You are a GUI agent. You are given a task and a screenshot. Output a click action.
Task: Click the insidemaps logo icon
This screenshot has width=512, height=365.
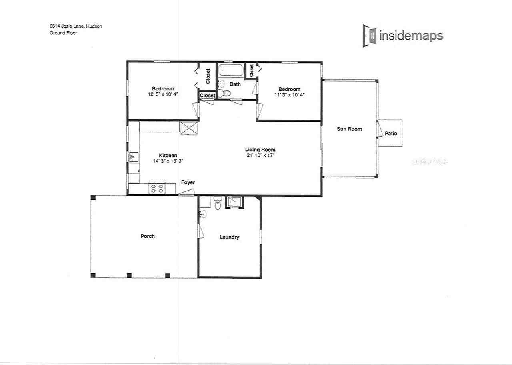pyautogui.click(x=370, y=36)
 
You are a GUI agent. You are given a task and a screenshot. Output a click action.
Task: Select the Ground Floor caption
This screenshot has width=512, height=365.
pyautogui.click(x=61, y=33)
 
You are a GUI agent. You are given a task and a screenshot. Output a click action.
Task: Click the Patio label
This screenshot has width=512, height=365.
pyautogui.click(x=391, y=134)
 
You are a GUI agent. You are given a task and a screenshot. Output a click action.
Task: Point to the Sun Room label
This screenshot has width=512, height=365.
pyautogui.click(x=349, y=129)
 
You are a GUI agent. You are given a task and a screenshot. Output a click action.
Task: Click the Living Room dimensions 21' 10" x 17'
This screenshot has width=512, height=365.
pyautogui.click(x=260, y=155)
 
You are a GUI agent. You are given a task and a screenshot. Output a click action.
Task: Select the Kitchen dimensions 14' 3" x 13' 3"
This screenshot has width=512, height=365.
pyautogui.click(x=168, y=161)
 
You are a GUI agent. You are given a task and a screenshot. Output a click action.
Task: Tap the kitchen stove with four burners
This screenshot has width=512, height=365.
pyautogui.click(x=157, y=188)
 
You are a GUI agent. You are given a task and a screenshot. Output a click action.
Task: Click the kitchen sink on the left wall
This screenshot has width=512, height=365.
pyautogui.click(x=132, y=157)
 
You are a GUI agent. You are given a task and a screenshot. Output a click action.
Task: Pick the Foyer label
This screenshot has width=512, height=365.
pyautogui.click(x=188, y=182)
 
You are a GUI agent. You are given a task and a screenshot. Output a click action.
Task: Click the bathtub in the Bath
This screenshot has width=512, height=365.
pyautogui.click(x=230, y=71)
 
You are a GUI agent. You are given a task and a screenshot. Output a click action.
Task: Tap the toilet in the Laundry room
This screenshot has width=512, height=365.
pyautogui.click(x=218, y=203)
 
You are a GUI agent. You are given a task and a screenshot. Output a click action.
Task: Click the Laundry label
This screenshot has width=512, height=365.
pyautogui.click(x=229, y=237)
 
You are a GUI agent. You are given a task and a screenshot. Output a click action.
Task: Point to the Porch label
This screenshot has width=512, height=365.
pyautogui.click(x=147, y=236)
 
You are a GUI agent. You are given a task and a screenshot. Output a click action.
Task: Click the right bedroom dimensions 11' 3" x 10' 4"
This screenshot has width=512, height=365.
pyautogui.click(x=289, y=95)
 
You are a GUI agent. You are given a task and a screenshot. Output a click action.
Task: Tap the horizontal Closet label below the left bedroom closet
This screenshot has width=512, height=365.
pyautogui.click(x=207, y=96)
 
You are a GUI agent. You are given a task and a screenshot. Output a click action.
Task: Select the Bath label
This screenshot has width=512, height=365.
pyautogui.click(x=235, y=84)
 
